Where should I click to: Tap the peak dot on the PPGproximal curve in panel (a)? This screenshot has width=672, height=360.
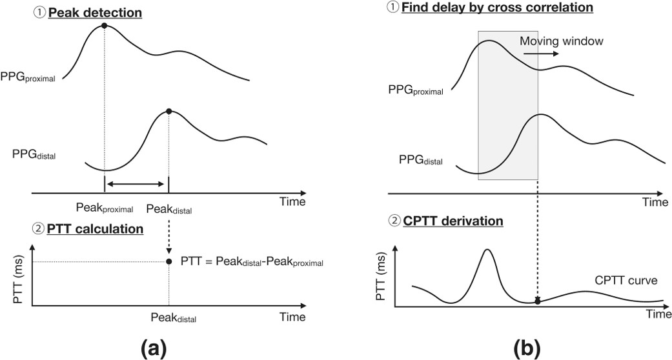pos(104,26)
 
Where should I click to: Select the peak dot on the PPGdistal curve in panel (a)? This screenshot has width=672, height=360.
pos(168,112)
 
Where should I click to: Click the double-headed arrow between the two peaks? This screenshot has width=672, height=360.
pos(136,185)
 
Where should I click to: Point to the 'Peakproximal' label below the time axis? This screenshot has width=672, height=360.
pos(104,208)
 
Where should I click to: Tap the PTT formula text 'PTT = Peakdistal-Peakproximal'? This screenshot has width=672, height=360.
pos(252,262)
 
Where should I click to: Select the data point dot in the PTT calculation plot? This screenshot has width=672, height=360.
pos(168,261)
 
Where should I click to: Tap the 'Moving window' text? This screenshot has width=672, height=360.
pos(562,41)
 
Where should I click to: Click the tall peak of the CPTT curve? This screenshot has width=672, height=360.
pos(487,250)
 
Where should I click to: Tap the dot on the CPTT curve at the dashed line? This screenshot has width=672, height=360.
pos(538,301)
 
